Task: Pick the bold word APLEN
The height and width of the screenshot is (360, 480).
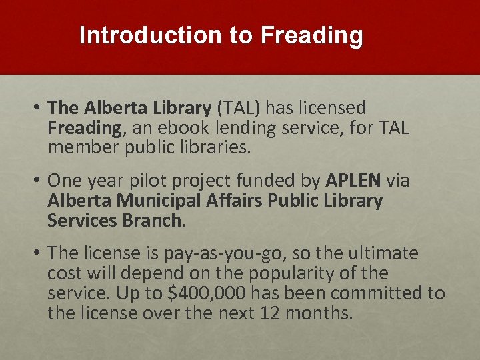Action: click(353, 181)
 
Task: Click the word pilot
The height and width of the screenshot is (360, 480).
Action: click(151, 181)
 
